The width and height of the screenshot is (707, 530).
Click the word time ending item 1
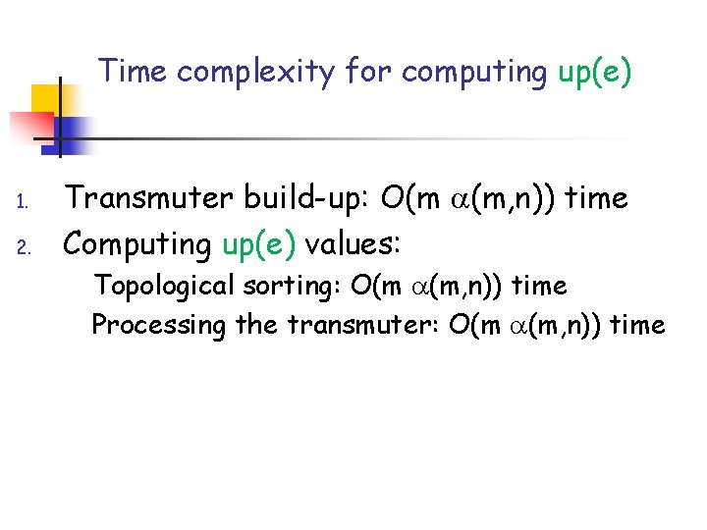[597, 199]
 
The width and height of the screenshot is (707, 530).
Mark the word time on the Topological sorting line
[540, 287]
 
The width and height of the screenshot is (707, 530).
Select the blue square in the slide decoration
[71, 132]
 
